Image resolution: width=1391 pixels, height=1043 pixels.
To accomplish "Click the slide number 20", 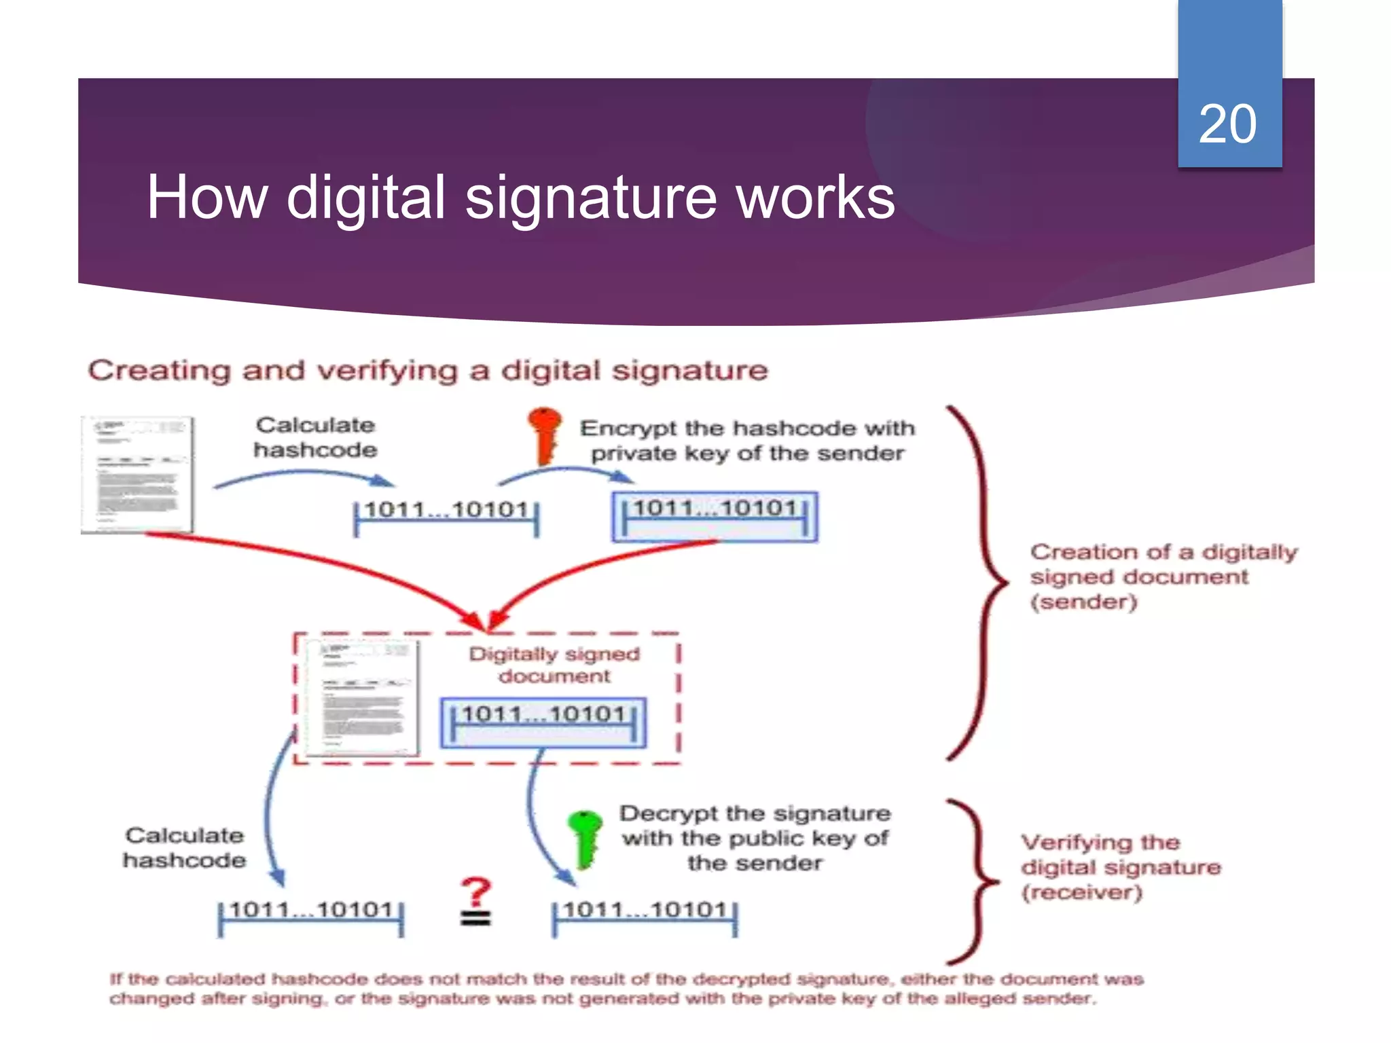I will (x=1227, y=124).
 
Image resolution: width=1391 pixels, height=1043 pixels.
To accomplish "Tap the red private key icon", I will (x=545, y=435).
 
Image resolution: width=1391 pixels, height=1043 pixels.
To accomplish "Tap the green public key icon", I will (x=585, y=838).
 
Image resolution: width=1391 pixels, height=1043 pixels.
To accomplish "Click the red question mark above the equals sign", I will (x=475, y=892).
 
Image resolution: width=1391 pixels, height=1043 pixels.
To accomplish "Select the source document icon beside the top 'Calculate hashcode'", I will (x=137, y=474).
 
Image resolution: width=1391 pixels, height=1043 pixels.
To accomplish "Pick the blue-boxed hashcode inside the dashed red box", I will (x=543, y=722).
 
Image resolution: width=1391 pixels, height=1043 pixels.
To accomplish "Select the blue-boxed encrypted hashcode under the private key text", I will (x=715, y=517).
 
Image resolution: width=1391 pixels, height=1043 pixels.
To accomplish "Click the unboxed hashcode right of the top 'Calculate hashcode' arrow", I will (x=446, y=517).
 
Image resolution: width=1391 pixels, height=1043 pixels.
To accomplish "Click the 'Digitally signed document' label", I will (x=554, y=665).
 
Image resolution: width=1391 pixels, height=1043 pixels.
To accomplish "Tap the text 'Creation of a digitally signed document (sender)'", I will (x=1163, y=577).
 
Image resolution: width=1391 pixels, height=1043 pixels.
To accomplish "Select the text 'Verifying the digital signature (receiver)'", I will (x=1121, y=867).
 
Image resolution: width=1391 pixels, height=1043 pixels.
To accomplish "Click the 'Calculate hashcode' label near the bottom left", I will (x=184, y=847).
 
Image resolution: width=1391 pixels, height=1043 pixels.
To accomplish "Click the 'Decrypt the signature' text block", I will (x=755, y=838).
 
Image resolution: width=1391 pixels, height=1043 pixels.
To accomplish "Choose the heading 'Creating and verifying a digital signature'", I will (x=428, y=371).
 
